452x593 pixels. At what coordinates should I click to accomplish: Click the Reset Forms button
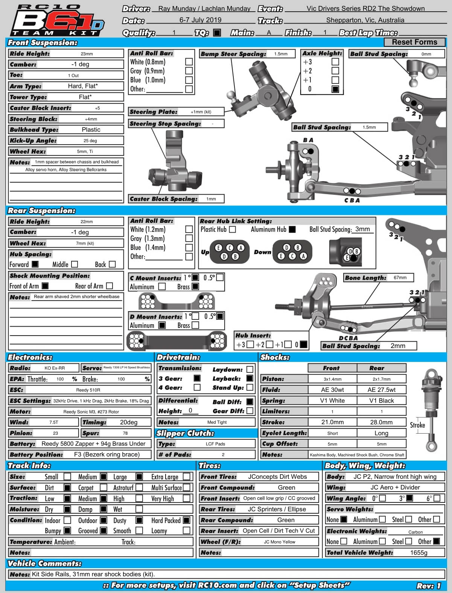click(414, 42)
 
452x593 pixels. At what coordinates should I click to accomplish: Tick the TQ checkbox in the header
click(217, 33)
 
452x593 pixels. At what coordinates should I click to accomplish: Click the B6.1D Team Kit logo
click(56, 21)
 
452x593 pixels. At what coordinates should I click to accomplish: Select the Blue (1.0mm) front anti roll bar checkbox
click(189, 80)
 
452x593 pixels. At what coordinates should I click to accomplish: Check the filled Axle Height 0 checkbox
click(335, 89)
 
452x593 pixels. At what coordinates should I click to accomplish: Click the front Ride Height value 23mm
click(87, 54)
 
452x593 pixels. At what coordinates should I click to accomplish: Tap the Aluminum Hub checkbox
click(292, 229)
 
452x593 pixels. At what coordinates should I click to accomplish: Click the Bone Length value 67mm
click(400, 278)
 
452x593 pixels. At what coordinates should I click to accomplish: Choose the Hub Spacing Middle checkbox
click(75, 265)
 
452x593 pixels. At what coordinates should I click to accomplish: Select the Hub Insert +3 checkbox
click(250, 344)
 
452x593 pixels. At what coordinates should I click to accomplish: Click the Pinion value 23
click(55, 433)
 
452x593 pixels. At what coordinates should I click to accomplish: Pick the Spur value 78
click(125, 433)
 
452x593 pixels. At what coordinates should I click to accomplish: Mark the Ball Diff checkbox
click(250, 402)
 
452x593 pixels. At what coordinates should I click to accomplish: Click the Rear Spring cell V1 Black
click(381, 401)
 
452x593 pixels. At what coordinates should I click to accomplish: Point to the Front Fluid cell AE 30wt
click(332, 390)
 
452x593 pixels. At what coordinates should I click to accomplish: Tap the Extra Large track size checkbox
click(187, 477)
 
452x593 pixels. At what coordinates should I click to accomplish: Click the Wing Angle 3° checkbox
click(410, 498)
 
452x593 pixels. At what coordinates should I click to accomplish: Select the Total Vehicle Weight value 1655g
click(419, 552)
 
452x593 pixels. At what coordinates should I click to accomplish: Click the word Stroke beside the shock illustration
click(417, 425)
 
